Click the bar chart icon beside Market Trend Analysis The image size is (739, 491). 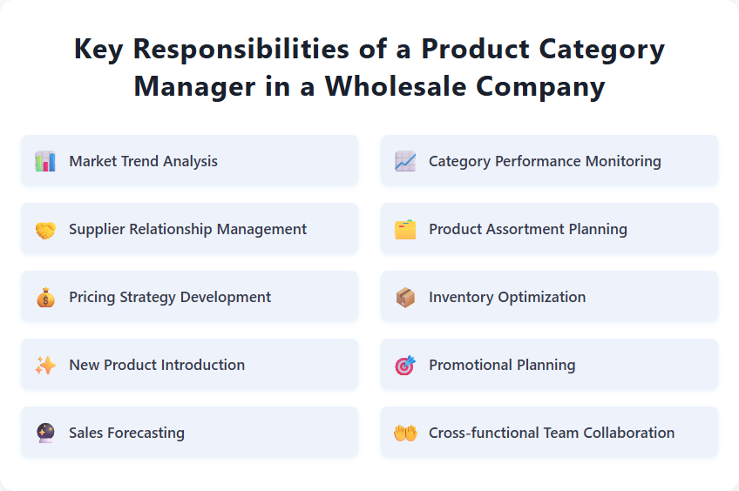click(x=45, y=161)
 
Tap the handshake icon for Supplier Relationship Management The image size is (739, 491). click(x=45, y=229)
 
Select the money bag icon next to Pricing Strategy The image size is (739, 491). click(x=45, y=297)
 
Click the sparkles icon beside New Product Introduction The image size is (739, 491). click(x=45, y=365)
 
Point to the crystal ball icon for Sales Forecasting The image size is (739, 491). click(x=45, y=433)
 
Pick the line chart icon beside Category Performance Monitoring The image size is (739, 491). click(x=405, y=161)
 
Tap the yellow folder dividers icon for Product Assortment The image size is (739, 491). click(x=405, y=229)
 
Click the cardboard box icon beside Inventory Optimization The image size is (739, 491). click(x=405, y=297)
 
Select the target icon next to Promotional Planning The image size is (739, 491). click(x=405, y=365)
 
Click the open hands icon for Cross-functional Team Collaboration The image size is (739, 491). click(x=405, y=433)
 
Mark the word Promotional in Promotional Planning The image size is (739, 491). click(x=471, y=365)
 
